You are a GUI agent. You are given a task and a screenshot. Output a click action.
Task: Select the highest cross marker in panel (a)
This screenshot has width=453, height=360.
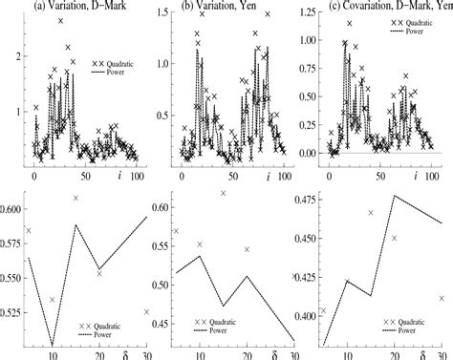pyautogui.click(x=60, y=20)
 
